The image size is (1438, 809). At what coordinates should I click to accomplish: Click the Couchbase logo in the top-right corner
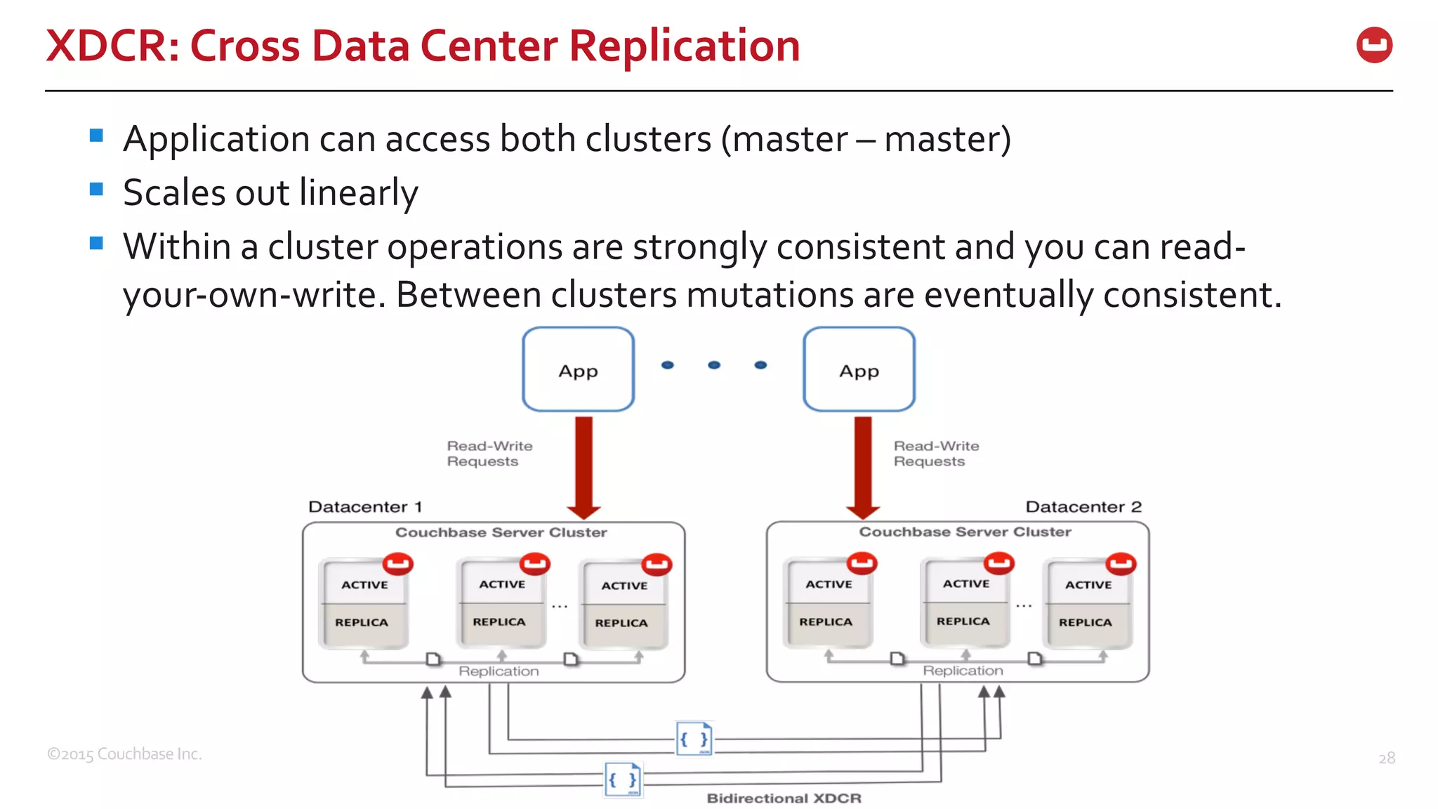click(x=1374, y=46)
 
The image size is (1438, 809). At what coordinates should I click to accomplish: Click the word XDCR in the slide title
click(x=112, y=46)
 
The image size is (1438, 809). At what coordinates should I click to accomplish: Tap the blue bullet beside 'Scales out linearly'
click(x=97, y=190)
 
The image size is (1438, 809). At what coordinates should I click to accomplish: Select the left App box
click(x=578, y=369)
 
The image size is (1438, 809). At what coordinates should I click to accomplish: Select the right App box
click(x=859, y=369)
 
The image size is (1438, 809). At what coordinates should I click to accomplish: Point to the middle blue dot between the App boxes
click(x=714, y=365)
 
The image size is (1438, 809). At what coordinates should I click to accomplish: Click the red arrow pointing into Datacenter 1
click(x=583, y=466)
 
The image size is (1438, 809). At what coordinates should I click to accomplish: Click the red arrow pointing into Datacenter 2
click(x=863, y=466)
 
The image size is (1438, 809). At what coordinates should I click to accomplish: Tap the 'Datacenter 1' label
click(x=365, y=507)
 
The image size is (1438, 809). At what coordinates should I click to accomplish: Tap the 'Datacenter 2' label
click(x=1083, y=507)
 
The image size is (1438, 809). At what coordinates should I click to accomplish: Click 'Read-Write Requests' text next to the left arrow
click(x=489, y=454)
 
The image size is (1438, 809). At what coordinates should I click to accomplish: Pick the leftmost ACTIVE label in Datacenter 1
click(x=364, y=585)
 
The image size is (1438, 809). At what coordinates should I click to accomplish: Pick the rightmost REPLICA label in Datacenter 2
click(x=1086, y=623)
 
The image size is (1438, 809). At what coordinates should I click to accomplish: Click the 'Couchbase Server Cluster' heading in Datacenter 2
click(x=965, y=532)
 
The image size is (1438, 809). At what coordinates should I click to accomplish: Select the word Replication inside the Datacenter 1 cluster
click(x=499, y=671)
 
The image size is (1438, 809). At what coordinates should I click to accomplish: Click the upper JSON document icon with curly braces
click(x=694, y=739)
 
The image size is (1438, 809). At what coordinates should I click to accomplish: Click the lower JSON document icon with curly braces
click(x=623, y=780)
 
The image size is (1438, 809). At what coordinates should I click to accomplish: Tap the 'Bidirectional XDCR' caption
click(x=784, y=798)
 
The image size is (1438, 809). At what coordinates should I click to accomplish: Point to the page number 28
click(x=1386, y=758)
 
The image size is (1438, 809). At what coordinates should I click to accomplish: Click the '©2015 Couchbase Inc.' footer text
click(x=124, y=754)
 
